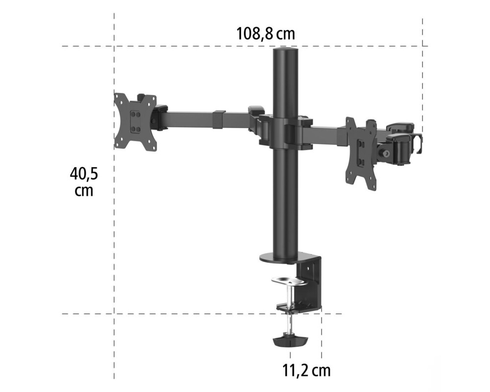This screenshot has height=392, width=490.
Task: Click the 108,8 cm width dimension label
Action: tap(266, 34)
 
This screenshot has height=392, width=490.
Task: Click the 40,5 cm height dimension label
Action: tap(84, 181)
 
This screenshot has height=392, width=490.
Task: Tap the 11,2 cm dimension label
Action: tap(306, 370)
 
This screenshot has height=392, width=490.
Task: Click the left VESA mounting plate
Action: tap(136, 121)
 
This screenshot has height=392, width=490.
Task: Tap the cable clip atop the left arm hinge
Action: tap(256, 110)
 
